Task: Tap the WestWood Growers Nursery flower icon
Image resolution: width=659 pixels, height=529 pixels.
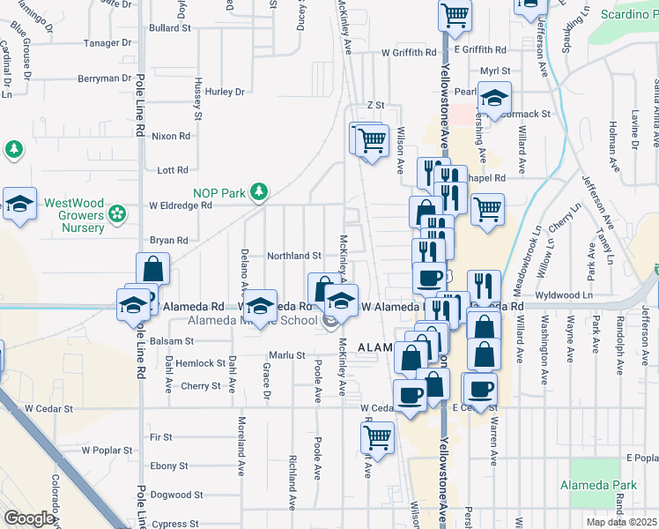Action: [115, 212]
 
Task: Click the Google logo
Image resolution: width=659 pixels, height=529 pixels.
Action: [29, 518]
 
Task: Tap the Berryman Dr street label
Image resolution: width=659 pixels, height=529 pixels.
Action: [103, 78]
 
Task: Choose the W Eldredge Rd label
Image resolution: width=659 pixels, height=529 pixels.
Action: [181, 205]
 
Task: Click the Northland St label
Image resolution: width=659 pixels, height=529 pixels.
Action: [294, 256]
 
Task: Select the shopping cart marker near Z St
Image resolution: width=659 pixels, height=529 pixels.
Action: [373, 138]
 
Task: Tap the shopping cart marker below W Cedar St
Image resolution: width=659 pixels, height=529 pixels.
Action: [377, 436]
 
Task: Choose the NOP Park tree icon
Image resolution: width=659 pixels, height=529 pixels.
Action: [257, 190]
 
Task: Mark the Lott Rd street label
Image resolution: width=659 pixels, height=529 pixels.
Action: [173, 170]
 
